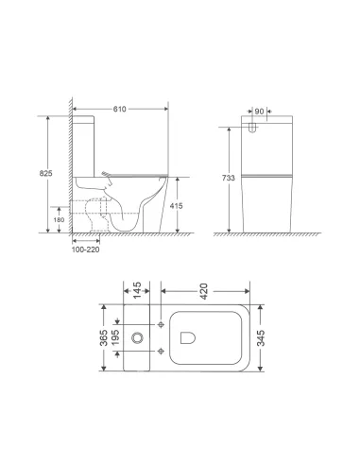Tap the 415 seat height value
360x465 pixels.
click(189, 204)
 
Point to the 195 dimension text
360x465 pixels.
click(118, 337)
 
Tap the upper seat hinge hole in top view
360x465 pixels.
click(164, 324)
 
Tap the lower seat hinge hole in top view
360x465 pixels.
click(164, 351)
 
